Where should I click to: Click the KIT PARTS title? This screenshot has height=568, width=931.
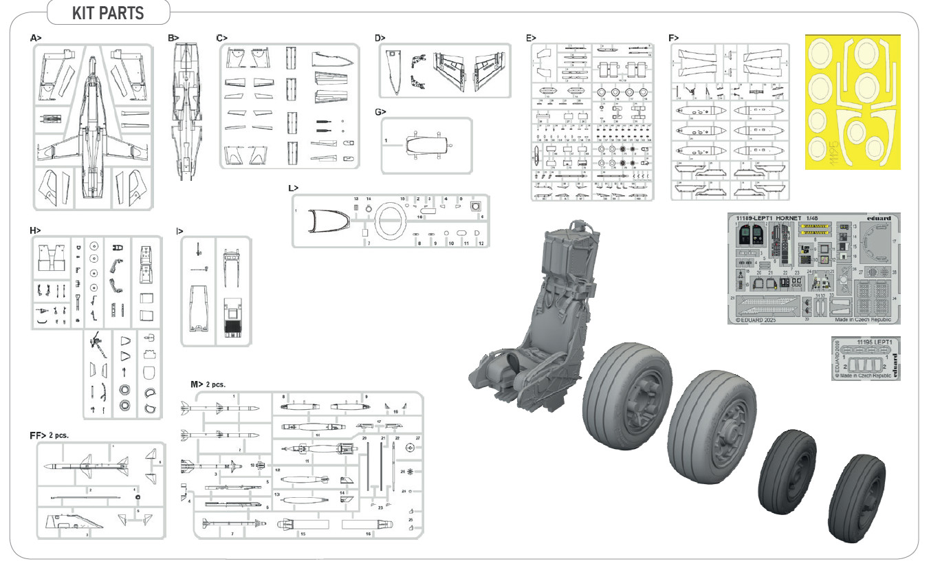click(x=108, y=13)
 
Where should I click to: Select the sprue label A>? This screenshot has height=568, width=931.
click(x=36, y=38)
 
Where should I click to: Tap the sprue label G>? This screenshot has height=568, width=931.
click(x=381, y=111)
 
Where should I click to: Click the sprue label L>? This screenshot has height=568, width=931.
click(x=294, y=187)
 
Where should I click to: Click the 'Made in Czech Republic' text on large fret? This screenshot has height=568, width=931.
click(x=863, y=320)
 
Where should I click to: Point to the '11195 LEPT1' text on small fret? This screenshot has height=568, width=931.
click(x=875, y=342)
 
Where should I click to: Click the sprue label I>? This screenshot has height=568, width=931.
click(x=179, y=230)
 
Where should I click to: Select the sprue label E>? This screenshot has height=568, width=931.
click(x=530, y=38)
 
